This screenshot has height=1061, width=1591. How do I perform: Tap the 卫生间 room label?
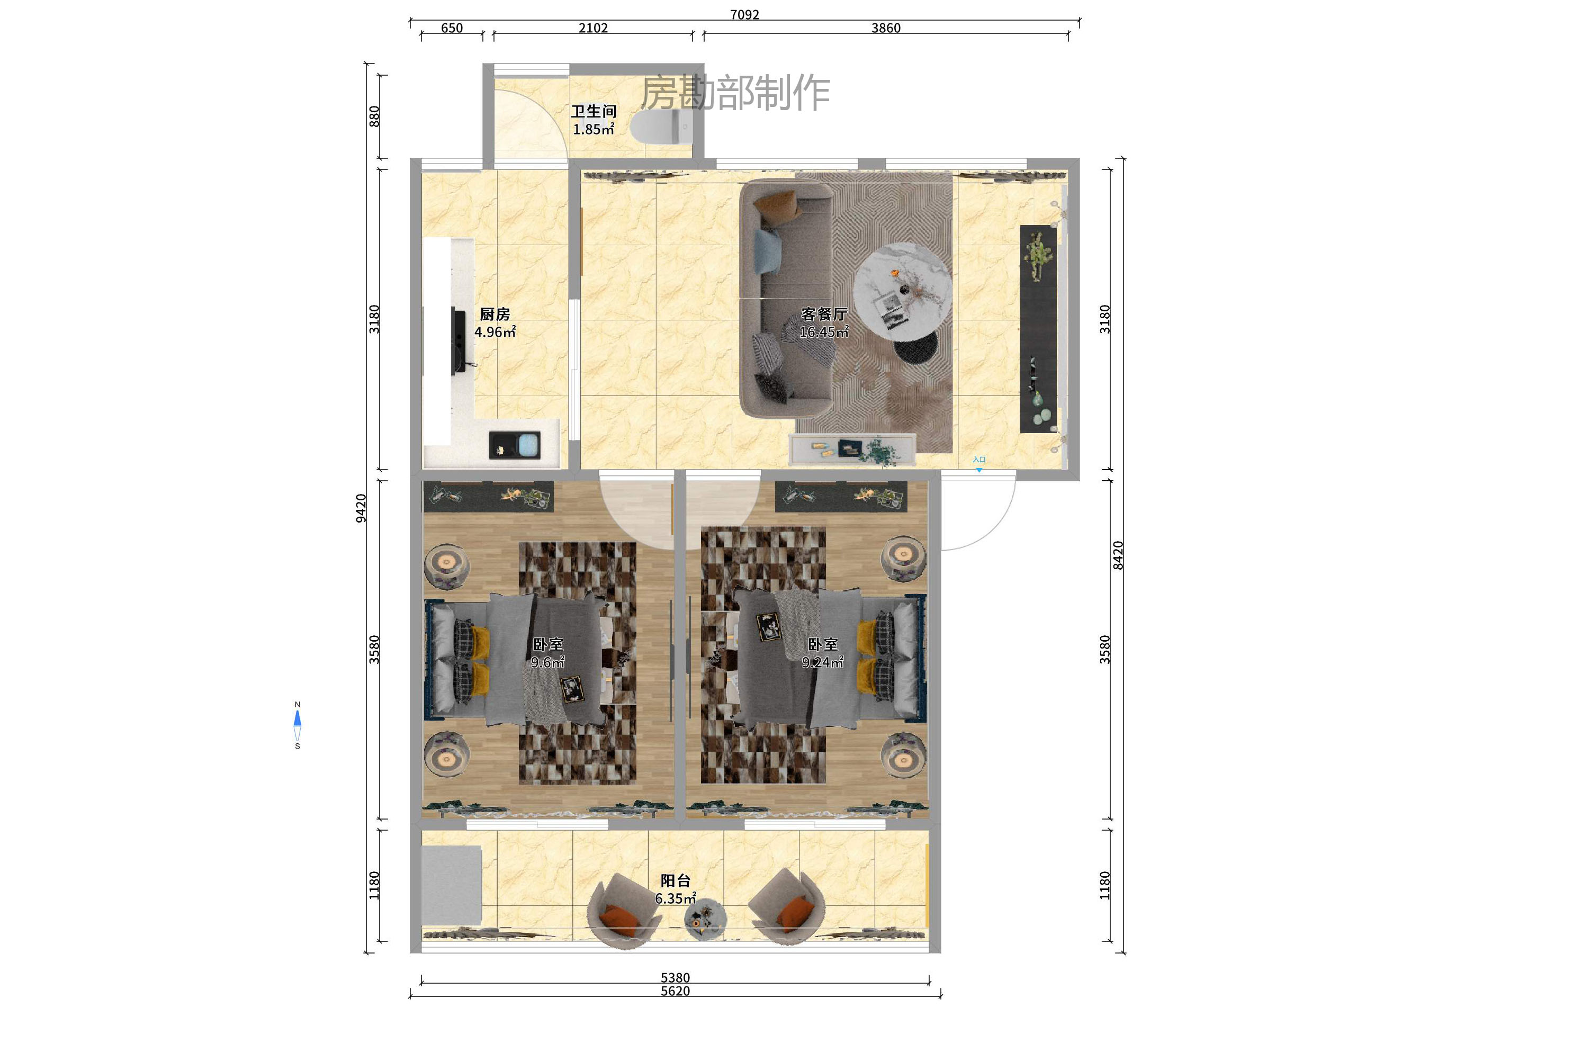tap(594, 111)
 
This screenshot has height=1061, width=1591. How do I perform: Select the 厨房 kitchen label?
tap(495, 314)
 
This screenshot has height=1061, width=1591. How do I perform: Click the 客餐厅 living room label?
tap(824, 314)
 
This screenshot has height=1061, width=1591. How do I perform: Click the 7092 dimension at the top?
tap(744, 14)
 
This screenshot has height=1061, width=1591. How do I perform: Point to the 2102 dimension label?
tap(593, 28)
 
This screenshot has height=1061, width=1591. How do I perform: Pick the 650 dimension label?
tap(452, 28)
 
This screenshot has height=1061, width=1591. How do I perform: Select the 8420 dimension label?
tap(1118, 555)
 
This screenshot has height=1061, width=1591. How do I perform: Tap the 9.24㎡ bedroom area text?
tap(822, 662)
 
